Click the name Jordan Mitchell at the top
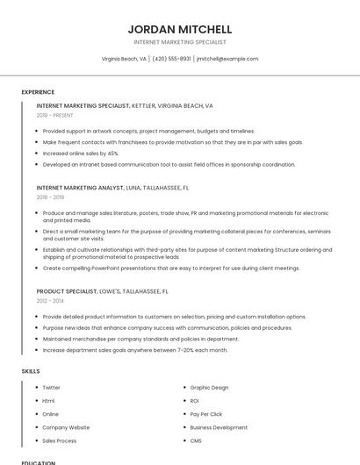coord(180,29)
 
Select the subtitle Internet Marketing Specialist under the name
coord(180,42)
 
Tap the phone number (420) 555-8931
coord(171,59)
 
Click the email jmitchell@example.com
coord(227,59)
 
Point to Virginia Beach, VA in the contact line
coord(124,59)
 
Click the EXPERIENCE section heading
coord(38,92)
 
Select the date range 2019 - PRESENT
coord(55,115)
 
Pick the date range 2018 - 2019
coord(50,197)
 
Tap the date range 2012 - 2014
coord(50,301)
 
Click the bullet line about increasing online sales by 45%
coord(81,153)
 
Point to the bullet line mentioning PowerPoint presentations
coord(171,268)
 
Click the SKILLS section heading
coord(31,371)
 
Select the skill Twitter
coord(51,387)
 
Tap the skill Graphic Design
coord(209,387)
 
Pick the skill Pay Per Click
coord(206,413)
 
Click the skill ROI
coord(195,400)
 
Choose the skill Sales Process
coord(60,440)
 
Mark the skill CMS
coord(196,440)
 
